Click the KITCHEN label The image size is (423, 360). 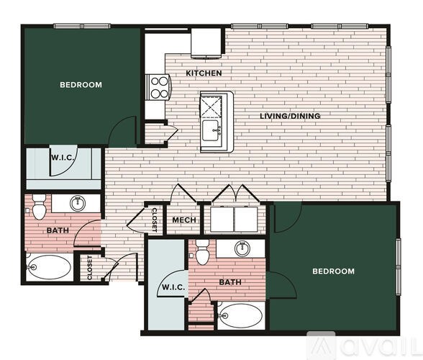[x=204, y=73]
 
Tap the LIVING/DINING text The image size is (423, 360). [x=290, y=115]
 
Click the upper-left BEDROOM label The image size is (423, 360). [x=81, y=85]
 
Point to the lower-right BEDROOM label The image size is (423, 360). [x=333, y=271]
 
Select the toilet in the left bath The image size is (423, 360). [x=39, y=208]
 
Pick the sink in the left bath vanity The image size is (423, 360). [x=78, y=204]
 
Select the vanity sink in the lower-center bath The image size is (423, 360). [x=242, y=249]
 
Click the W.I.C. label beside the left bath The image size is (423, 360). [x=60, y=158]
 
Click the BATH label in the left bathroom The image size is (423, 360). [x=58, y=231]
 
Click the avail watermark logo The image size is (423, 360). [x=374, y=345]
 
